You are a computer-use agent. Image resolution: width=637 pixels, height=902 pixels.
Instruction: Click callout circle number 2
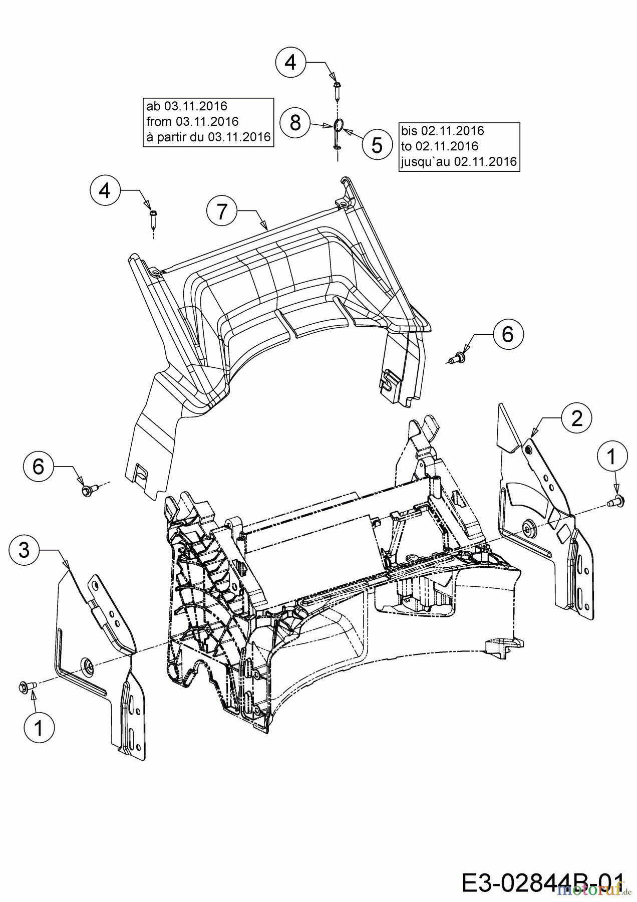coord(577,417)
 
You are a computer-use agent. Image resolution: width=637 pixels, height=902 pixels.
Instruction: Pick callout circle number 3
coord(24,550)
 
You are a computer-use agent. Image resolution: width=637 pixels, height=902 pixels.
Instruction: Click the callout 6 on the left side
coord(38,467)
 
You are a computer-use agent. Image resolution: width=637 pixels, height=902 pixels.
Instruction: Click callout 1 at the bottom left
coord(39,727)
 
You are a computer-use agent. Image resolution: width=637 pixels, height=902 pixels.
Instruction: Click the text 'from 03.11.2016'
coord(192,121)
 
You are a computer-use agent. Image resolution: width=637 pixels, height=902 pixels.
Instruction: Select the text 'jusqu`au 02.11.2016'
coord(459,161)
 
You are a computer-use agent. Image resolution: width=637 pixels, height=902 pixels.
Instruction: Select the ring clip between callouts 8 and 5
coord(338,125)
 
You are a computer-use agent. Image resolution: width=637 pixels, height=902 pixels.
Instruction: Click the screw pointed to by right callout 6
coord(458,358)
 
